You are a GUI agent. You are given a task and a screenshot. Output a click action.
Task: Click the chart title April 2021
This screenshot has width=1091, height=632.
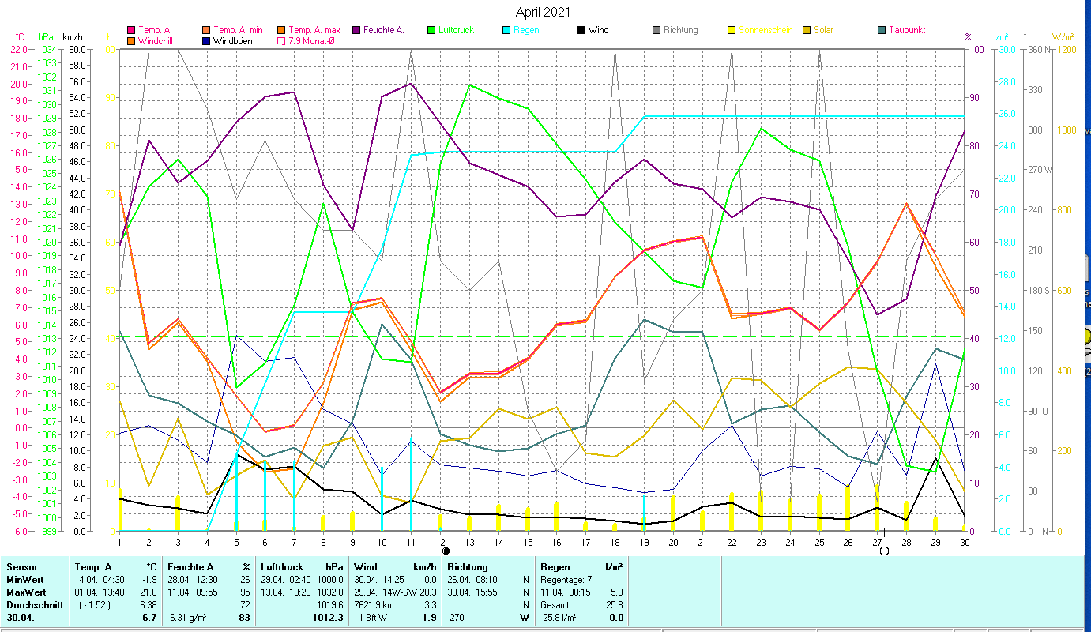tap(543, 12)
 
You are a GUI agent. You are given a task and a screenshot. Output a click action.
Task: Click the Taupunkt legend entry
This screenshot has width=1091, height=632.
tap(906, 30)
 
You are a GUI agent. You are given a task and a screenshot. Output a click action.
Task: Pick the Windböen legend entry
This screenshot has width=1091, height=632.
tap(232, 40)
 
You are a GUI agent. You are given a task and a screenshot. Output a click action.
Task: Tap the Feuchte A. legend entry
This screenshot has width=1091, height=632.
tap(383, 30)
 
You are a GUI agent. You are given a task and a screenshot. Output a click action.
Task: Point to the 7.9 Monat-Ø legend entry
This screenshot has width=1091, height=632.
tap(314, 40)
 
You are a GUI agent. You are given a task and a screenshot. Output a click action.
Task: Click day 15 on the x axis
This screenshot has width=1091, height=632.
tap(528, 541)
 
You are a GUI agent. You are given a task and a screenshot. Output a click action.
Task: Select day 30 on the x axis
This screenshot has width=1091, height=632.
tap(964, 541)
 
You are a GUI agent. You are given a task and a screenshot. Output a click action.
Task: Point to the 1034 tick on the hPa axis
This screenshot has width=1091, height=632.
tap(47, 49)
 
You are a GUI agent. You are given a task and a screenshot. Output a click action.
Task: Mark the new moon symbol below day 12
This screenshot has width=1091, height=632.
tap(446, 551)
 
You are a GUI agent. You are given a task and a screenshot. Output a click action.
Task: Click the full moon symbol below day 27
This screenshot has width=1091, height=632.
tap(884, 551)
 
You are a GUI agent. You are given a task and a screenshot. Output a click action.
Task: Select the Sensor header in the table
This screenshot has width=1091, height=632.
tap(21, 567)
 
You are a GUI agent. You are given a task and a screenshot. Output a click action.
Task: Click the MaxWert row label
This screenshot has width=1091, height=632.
tap(26, 592)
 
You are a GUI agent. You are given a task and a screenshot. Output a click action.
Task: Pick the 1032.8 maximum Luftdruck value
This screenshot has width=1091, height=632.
tap(329, 592)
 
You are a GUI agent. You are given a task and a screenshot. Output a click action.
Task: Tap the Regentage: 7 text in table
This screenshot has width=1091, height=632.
tap(566, 579)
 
